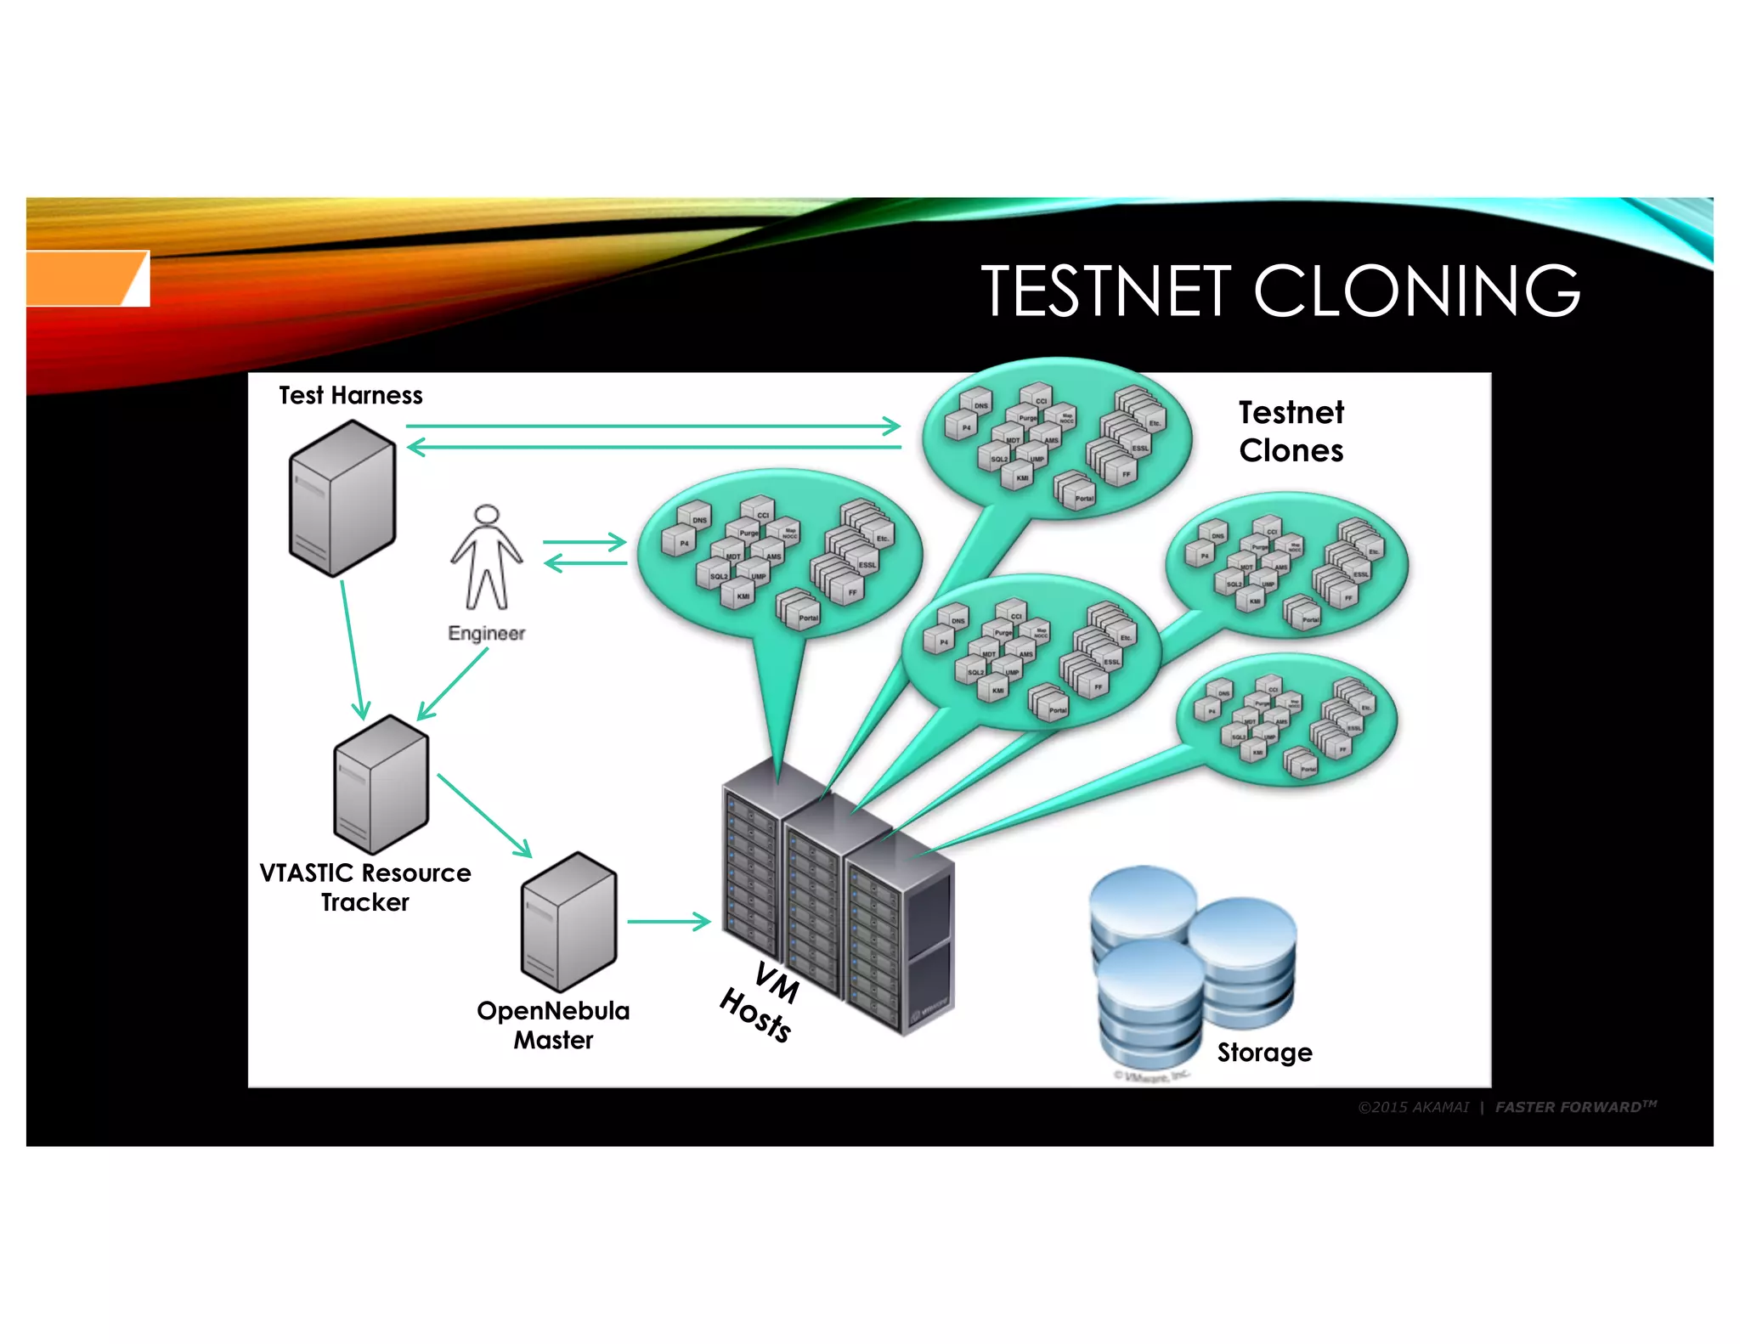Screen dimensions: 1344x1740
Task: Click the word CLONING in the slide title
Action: (1416, 291)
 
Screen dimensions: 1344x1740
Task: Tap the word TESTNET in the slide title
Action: (1105, 291)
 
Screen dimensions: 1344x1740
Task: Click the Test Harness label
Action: (350, 395)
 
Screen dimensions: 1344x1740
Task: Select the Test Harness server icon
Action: (342, 500)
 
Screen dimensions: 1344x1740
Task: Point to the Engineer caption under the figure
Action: (486, 633)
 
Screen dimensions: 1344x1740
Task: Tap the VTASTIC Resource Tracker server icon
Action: (381, 784)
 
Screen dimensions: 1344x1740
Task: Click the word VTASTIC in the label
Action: (306, 872)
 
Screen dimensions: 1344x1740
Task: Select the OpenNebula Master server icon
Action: (568, 922)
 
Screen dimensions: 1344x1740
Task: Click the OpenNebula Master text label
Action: (553, 1025)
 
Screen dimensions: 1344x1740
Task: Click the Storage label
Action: (1264, 1052)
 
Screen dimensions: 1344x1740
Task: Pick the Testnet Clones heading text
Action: (1291, 432)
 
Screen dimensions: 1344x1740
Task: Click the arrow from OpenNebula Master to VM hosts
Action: (668, 921)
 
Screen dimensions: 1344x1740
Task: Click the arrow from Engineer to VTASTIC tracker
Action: (454, 684)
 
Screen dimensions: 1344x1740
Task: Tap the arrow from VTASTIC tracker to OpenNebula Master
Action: (483, 815)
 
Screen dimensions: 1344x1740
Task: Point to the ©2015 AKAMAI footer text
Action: (1413, 1107)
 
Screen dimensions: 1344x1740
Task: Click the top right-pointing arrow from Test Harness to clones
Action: (652, 426)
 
